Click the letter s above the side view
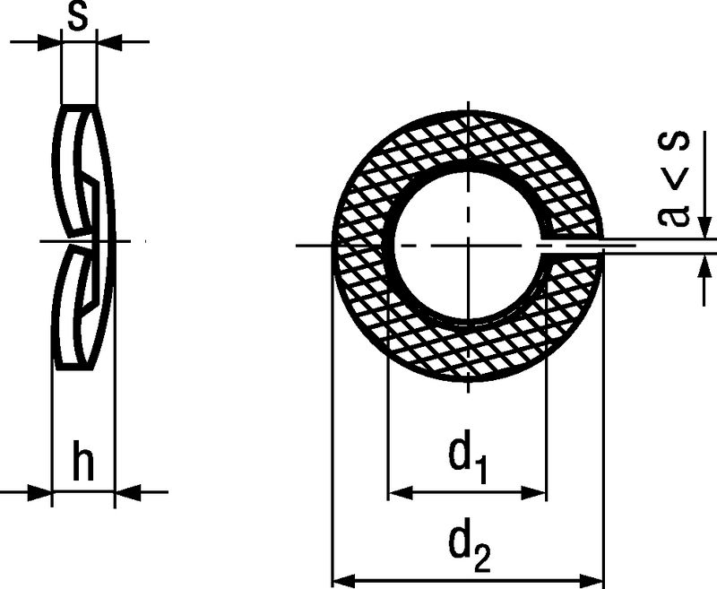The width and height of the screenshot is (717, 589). (78, 17)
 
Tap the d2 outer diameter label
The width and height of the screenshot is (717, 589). (470, 548)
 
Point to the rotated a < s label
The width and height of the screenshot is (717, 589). (674, 179)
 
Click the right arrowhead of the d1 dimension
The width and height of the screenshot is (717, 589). (533, 492)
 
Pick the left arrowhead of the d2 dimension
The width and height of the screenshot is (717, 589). (344, 580)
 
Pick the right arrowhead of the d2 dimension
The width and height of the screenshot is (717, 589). (591, 580)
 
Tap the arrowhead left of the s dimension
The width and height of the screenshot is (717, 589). (48, 42)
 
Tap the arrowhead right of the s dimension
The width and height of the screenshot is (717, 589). (109, 42)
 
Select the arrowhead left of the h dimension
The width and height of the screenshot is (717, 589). (39, 492)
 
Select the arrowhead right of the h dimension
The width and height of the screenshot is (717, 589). (127, 492)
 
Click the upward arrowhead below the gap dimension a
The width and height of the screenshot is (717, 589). (704, 265)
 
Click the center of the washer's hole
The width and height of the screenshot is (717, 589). (467, 246)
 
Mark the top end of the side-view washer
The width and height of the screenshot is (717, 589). (79, 107)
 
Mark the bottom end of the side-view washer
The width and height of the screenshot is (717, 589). (74, 367)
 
